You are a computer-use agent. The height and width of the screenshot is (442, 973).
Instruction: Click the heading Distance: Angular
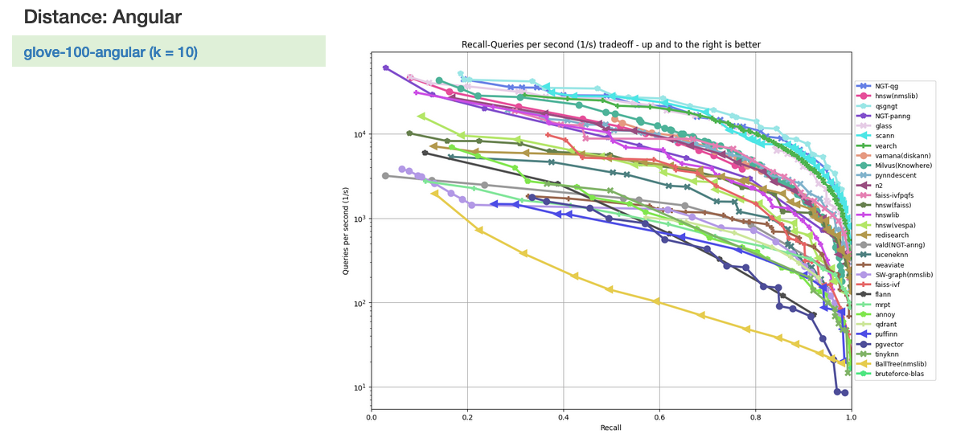coord(102,15)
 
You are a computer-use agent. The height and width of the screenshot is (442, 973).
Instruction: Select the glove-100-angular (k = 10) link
coord(110,52)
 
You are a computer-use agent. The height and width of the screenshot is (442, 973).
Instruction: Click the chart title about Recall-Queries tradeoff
coord(610,44)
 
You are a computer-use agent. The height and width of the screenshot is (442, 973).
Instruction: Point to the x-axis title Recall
coord(610,428)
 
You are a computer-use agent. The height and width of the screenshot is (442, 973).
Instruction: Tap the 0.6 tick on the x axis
coord(659,417)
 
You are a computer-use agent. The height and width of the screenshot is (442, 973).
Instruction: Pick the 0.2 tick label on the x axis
coord(466,417)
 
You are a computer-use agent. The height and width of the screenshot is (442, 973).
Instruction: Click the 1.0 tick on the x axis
coord(850,417)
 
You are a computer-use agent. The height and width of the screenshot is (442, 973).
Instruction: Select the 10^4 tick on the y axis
coord(358,134)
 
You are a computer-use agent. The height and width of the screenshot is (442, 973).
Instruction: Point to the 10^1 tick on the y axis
coord(358,387)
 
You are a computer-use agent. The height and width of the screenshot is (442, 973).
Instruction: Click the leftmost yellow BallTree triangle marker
coord(435,193)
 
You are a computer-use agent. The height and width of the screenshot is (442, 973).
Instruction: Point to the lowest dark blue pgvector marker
coord(844,393)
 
